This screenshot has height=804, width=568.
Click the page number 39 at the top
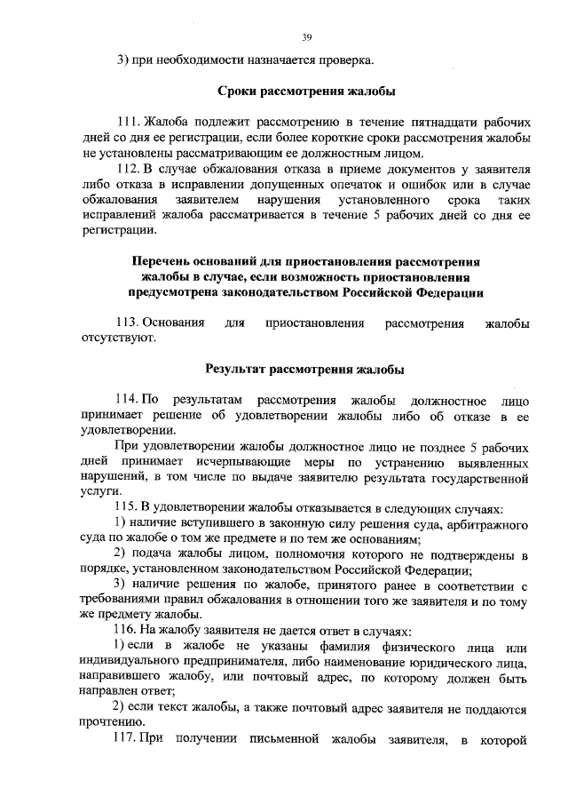(306, 37)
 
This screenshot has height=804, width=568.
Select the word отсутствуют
(118, 338)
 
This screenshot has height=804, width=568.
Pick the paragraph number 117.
(128, 738)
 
